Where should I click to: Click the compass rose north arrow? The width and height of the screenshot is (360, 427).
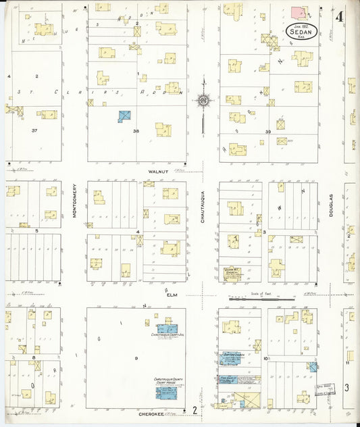click(203, 101)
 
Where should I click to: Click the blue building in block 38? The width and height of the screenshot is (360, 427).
click(125, 116)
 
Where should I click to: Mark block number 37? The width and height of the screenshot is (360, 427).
click(33, 130)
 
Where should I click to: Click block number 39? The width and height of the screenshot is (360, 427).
click(268, 132)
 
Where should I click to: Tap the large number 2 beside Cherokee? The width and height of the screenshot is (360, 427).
click(195, 409)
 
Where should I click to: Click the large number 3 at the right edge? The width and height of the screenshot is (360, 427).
click(346, 387)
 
